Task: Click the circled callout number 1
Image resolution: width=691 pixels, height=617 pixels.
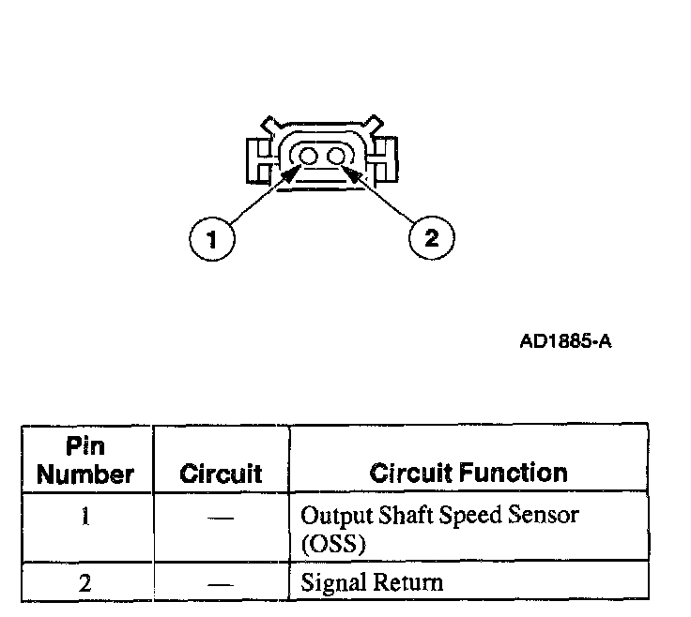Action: (213, 240)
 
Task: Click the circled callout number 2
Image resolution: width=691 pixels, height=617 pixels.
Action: (431, 238)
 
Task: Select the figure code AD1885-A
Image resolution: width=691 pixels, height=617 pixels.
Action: (565, 340)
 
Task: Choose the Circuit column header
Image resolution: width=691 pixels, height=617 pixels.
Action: (221, 474)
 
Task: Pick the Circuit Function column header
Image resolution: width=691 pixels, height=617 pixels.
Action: (468, 473)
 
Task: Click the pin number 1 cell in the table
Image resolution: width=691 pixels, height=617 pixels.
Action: (85, 516)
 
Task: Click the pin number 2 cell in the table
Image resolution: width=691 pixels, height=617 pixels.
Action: (85, 583)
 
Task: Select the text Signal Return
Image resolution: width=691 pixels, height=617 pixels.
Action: (371, 583)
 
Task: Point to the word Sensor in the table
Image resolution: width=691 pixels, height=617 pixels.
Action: (544, 516)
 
